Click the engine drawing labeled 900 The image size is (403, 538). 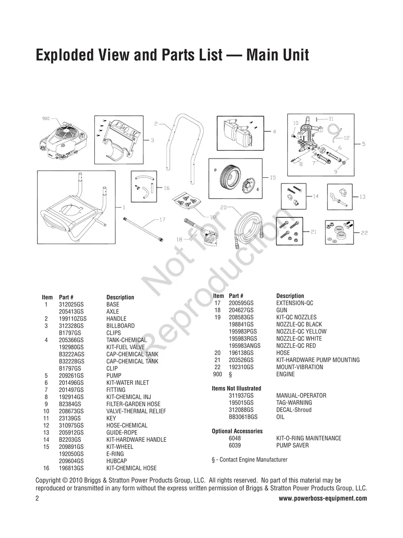coord(64,142)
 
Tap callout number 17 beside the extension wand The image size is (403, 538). coord(162,220)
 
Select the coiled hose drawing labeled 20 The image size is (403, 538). coord(249,231)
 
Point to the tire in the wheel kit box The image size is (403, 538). coord(228,179)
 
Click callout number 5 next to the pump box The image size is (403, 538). coord(363,144)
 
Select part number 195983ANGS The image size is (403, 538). coord(245,346)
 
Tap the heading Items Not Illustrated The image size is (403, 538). coord(236,388)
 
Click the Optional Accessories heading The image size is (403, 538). coord(237,431)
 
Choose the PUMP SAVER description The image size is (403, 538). coord(292,445)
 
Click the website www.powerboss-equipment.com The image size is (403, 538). coord(323,498)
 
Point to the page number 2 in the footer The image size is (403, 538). coord(37,498)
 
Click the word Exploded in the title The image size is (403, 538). coord(65,55)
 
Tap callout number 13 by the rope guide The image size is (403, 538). coord(363,196)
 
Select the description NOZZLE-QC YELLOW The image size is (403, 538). coord(302,331)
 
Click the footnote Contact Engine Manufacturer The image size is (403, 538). coord(254,460)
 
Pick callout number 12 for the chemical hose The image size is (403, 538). coord(347,138)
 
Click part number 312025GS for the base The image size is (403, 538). coord(71,305)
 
